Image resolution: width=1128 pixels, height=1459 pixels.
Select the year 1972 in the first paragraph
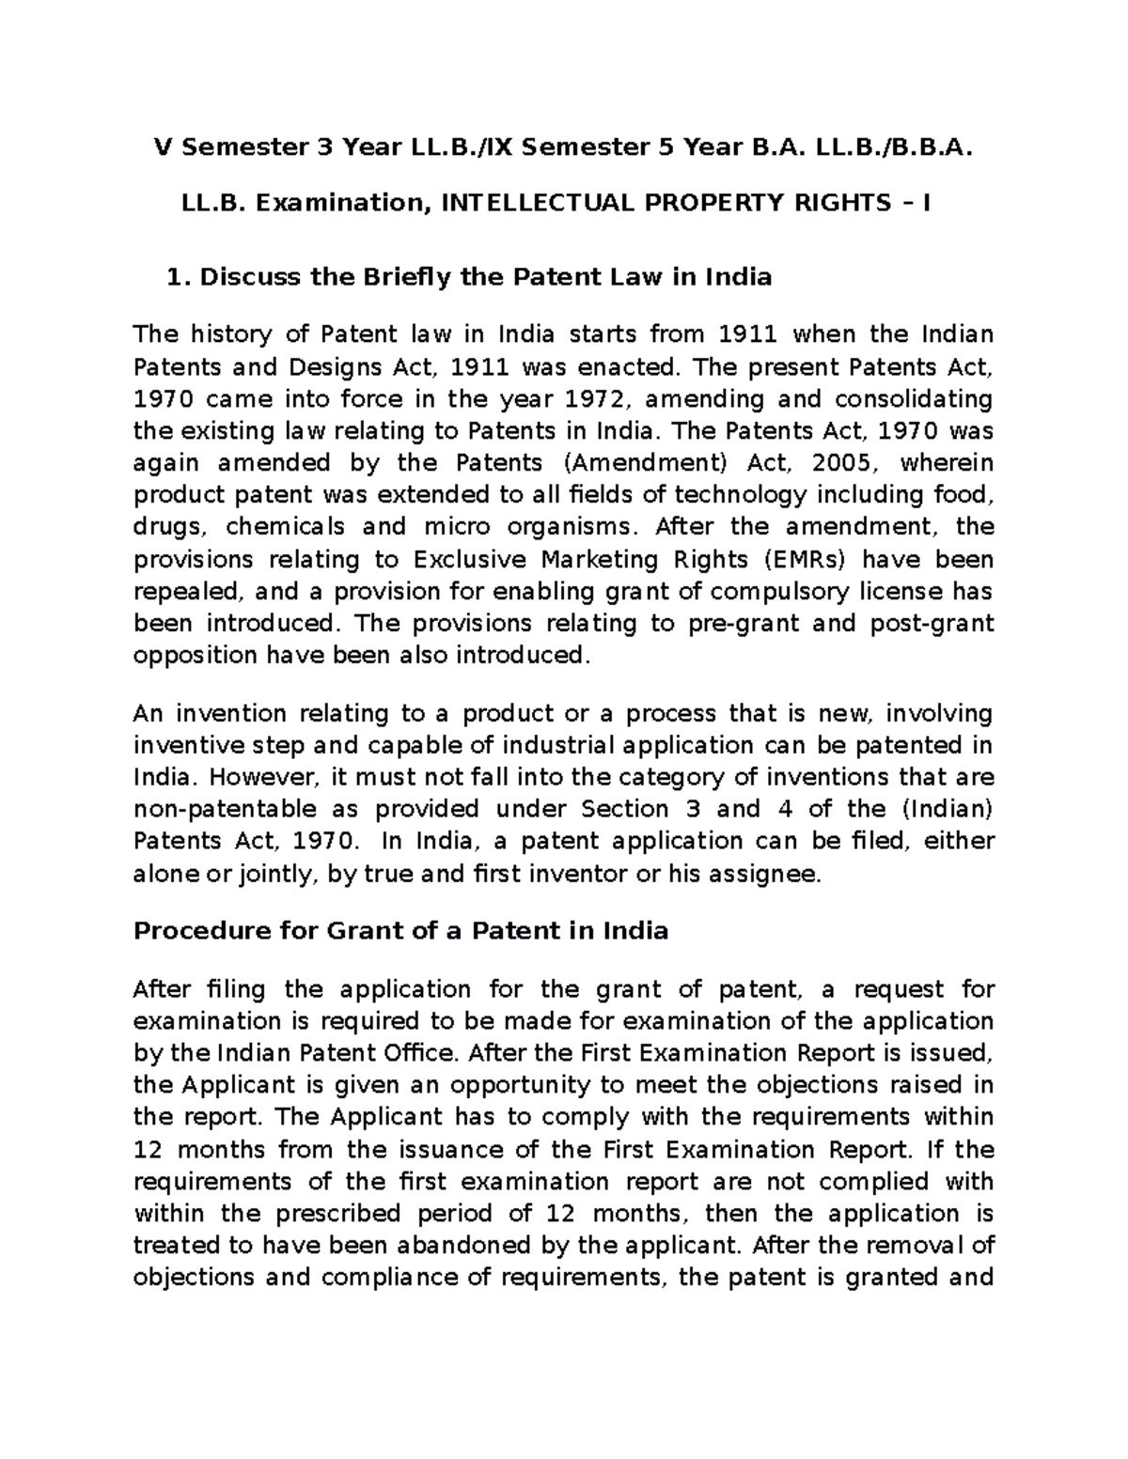(588, 398)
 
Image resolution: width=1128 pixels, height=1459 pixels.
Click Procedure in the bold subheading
(191, 931)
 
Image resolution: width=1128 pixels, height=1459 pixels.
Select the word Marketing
(607, 559)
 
